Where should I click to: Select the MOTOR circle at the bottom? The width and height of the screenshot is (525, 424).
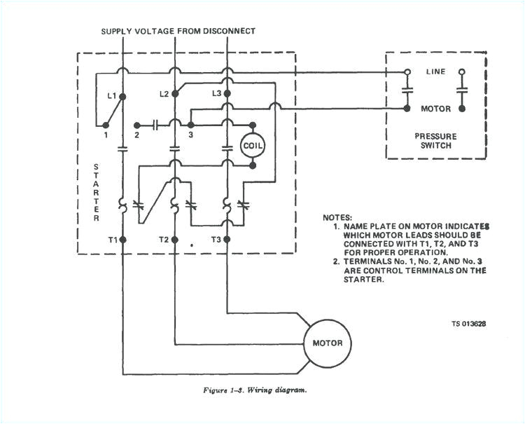pos(327,343)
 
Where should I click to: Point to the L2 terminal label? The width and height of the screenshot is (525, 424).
pos(164,93)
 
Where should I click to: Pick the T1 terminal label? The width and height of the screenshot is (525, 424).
pos(112,239)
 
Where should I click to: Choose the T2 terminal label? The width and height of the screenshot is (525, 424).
pos(163,239)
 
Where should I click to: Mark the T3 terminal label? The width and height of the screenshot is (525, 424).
pos(216,239)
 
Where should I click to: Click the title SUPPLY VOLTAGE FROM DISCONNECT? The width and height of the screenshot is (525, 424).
pos(178,31)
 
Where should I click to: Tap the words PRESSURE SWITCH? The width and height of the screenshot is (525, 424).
pos(436,141)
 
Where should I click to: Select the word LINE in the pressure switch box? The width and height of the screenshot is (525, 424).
pos(435,72)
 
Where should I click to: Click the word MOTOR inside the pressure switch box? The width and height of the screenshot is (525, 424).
pos(435,109)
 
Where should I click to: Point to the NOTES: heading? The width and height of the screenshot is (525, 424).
pos(337,218)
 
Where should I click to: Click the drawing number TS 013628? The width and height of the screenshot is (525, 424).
pos(468,324)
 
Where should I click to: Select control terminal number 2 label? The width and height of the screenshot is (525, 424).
pos(138,134)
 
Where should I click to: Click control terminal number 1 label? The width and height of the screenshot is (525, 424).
pos(106,134)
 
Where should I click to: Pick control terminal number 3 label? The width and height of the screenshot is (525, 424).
pos(190,134)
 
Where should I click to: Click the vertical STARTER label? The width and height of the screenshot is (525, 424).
pos(96,193)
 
